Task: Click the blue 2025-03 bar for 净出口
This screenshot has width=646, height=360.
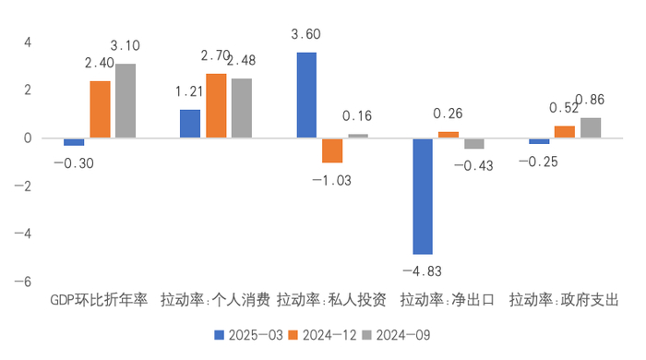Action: [423, 196]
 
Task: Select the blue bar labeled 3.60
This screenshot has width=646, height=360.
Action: [306, 95]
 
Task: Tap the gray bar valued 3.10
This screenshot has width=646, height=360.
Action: [125, 101]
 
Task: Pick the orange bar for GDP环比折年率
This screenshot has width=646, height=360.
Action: [100, 109]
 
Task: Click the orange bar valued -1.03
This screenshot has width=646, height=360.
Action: [332, 150]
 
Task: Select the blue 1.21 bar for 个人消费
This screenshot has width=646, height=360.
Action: [190, 124]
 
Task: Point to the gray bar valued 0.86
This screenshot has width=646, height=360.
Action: [590, 128]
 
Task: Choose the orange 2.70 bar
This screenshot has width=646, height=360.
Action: [216, 106]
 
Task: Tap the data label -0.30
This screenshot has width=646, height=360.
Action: [73, 163]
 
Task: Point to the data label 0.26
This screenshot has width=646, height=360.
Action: [448, 114]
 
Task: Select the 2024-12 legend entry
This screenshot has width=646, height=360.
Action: [321, 334]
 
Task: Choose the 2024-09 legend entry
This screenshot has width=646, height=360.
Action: [396, 334]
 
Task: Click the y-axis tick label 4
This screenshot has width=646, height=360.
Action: [28, 42]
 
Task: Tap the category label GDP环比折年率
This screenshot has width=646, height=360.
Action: [98, 300]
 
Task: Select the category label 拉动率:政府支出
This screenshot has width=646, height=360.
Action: [564, 300]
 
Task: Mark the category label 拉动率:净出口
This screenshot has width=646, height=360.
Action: [448, 300]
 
